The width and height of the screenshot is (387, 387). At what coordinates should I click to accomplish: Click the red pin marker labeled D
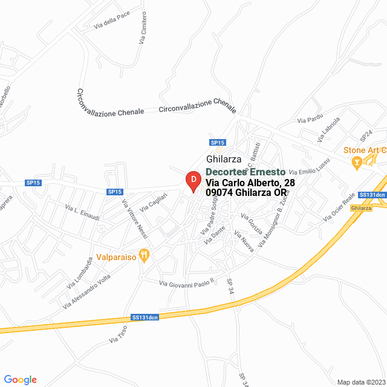[193, 181]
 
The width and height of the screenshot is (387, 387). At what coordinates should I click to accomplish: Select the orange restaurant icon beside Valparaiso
[144, 255]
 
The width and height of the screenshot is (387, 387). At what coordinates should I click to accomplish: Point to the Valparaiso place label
[117, 255]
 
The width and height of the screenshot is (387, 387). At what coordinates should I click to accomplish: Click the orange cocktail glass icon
[357, 161]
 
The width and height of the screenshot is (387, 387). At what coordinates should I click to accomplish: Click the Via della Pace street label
[112, 23]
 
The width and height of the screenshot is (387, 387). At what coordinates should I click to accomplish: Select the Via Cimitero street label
[143, 28]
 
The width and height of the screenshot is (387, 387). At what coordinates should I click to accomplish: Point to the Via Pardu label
[310, 118]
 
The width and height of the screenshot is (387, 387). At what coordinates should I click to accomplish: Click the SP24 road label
[366, 134]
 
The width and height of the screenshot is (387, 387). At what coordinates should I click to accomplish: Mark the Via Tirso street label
[119, 336]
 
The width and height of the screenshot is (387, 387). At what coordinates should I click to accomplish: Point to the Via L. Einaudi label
[82, 211]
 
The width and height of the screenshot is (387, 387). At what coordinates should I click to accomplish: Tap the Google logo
[21, 380]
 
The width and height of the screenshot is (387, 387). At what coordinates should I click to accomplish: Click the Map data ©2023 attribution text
[362, 382]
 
